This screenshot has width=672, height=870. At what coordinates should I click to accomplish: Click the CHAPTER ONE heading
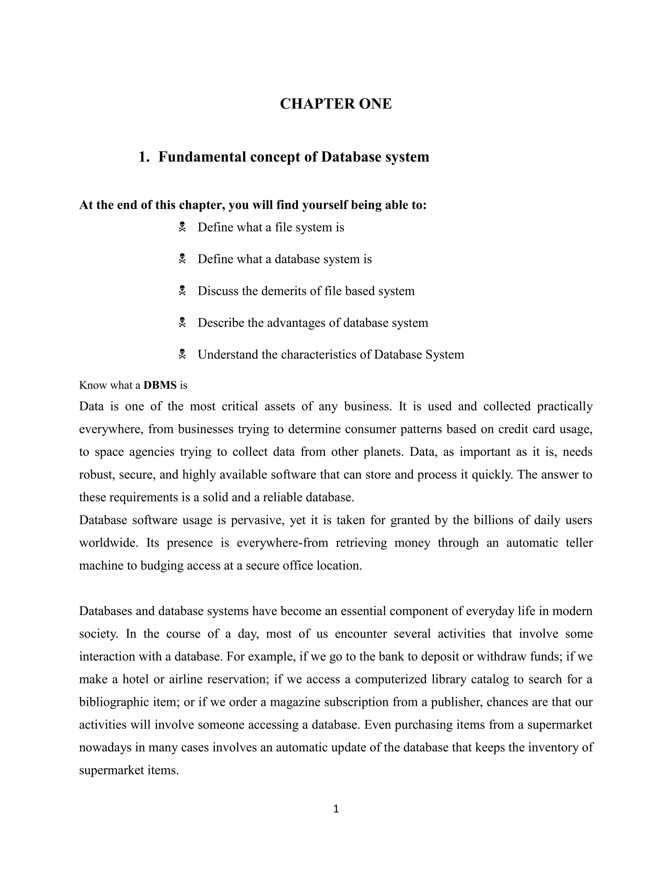(336, 103)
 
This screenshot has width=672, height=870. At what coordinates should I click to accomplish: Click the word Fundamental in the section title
(202, 157)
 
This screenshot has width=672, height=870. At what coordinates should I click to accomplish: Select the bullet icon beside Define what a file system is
(182, 228)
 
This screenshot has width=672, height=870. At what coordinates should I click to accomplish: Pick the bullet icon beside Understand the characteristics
(182, 354)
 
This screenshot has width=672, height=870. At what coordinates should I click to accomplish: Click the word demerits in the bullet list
(284, 291)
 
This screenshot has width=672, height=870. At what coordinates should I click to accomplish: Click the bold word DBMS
(160, 385)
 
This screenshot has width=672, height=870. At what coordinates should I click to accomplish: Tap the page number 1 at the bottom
(336, 809)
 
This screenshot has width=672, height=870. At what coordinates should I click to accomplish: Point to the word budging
(162, 566)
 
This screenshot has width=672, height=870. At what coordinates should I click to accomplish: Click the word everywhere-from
(282, 543)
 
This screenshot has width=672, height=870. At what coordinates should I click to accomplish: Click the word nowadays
(105, 747)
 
